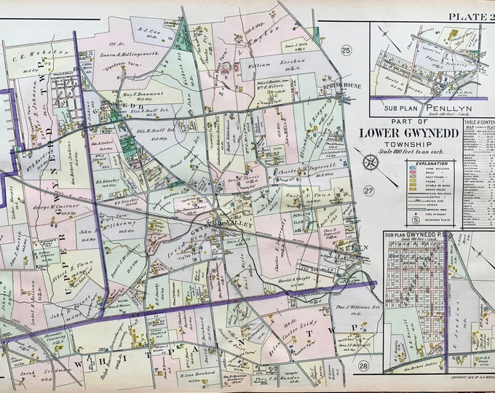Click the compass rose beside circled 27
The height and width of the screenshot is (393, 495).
pyautogui.click(x=369, y=162)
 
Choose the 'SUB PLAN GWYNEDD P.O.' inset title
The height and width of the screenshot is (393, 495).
pyautogui.click(x=420, y=235)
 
